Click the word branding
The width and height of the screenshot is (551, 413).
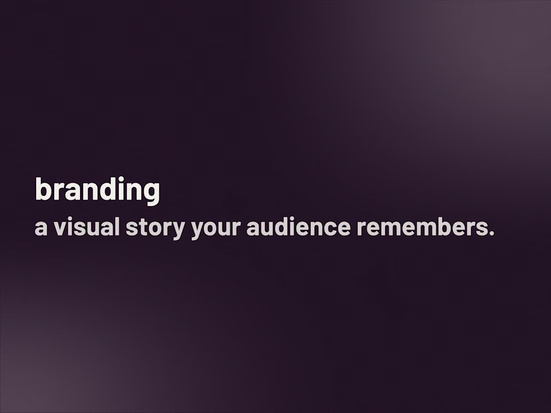[97, 190]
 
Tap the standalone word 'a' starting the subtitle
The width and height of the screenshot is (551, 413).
[41, 228]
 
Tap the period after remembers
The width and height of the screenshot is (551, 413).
[491, 234]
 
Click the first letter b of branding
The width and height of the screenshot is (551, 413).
[42, 189]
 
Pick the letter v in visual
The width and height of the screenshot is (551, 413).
[58, 229]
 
